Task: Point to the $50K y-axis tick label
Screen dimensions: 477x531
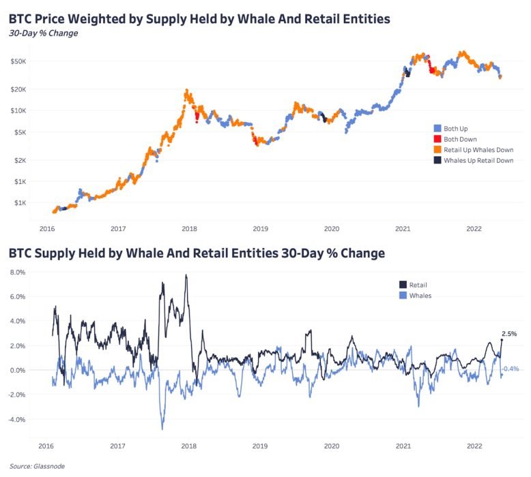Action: (18, 61)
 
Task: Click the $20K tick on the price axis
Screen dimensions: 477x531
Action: (18, 89)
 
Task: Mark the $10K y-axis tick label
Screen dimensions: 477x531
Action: (18, 110)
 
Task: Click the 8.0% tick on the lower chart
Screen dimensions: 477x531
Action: (16, 272)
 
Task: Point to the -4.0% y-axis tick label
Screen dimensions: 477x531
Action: (15, 420)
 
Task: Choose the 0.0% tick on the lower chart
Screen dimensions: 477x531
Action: (16, 371)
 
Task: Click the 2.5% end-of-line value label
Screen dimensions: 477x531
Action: (509, 334)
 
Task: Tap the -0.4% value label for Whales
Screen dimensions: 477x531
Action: (511, 369)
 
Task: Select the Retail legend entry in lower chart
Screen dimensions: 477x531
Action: (418, 284)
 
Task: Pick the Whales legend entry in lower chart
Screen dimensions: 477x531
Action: (420, 295)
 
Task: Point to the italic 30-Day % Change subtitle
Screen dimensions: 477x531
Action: (43, 33)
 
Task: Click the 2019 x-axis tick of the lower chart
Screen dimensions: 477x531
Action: (260, 446)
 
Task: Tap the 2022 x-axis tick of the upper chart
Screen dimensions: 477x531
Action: (474, 230)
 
